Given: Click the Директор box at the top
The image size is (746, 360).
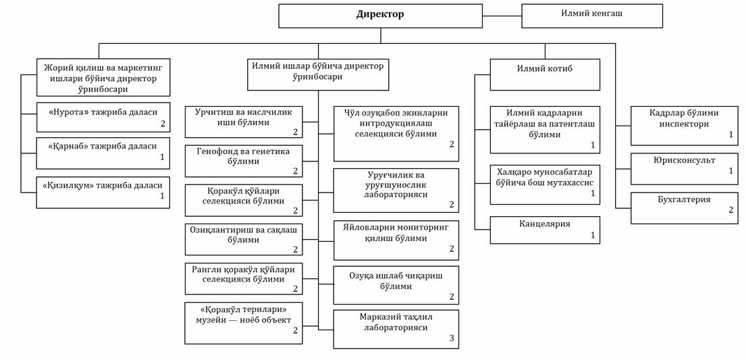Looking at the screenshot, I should tap(380, 16).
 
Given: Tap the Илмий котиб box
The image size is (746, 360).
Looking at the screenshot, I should tap(544, 74).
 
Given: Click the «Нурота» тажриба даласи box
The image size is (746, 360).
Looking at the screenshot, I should tap(103, 116).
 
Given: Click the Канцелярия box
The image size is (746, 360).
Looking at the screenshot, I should tap(544, 230).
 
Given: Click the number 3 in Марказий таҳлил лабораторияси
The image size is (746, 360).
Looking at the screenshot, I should tap(452, 338).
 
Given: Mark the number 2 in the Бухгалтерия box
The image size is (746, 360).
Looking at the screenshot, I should tap(730, 211).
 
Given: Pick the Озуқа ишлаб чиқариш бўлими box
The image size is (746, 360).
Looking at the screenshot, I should tap(396, 285).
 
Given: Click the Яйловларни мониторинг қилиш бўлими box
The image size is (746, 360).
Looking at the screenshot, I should tap(396, 238).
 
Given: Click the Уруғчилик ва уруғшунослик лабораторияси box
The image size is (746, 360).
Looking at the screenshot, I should tap(396, 190).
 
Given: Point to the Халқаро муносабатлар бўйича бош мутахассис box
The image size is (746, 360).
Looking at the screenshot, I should tap(544, 184).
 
